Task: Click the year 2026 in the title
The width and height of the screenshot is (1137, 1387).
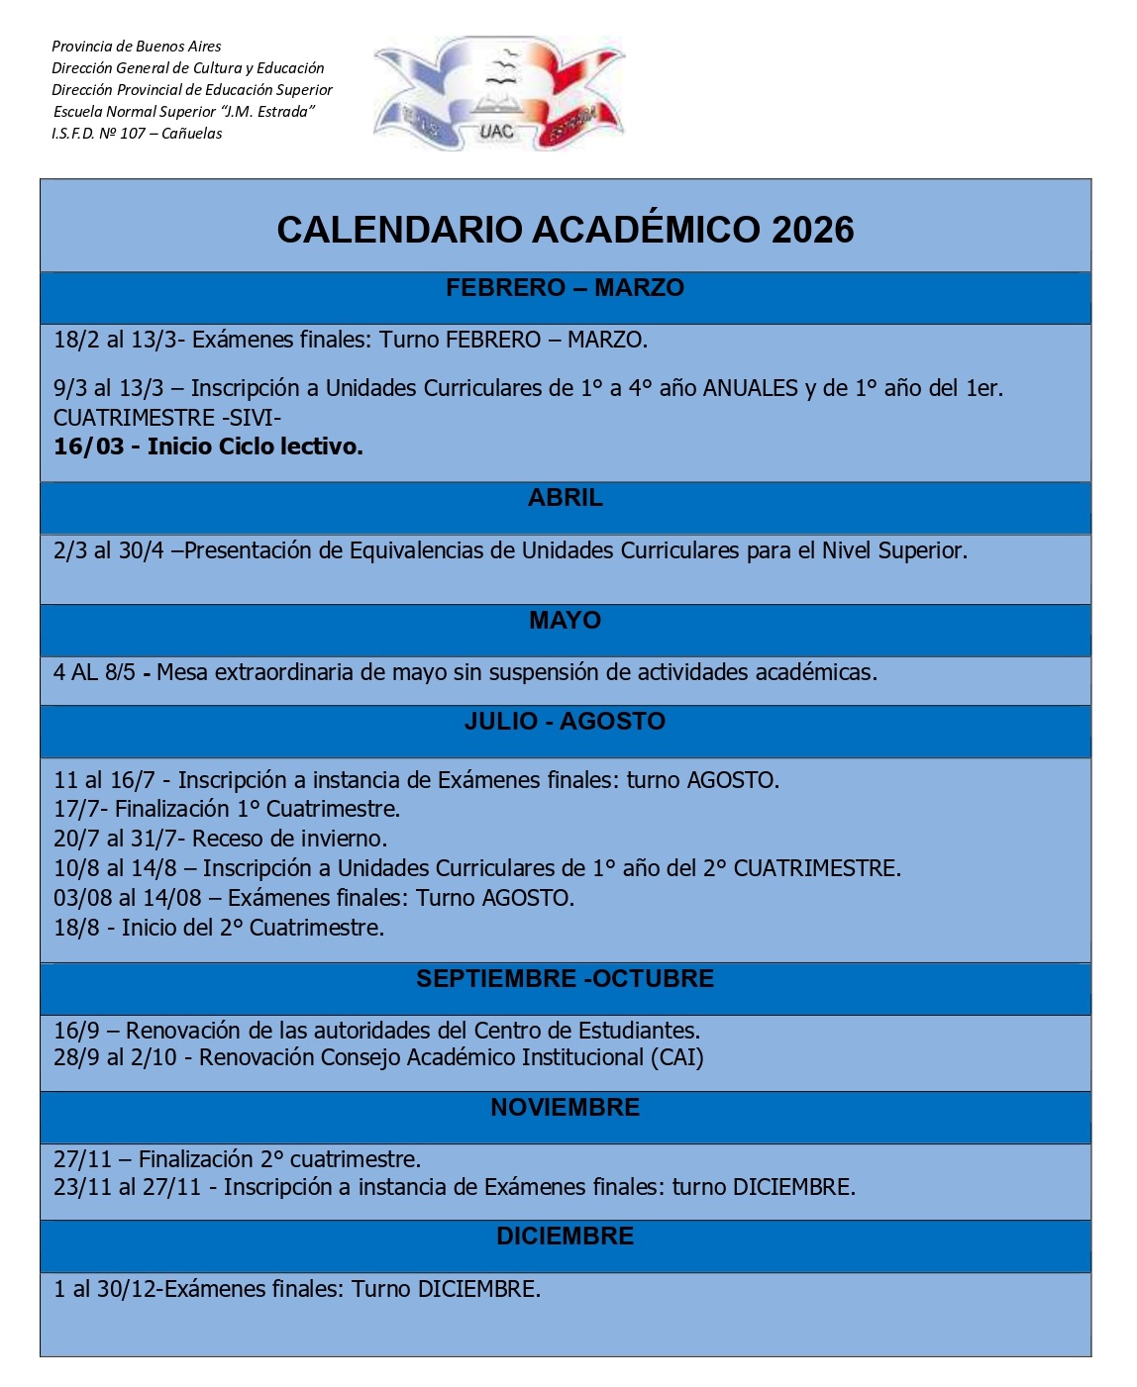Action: tap(812, 230)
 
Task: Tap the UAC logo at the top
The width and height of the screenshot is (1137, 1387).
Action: tap(498, 95)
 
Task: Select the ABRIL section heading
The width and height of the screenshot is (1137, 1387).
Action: tap(565, 498)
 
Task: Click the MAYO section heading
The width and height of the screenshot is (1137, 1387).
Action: tap(565, 621)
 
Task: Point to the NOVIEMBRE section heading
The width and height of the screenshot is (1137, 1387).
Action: tap(565, 1108)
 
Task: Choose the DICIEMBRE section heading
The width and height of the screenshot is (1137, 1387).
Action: tap(565, 1237)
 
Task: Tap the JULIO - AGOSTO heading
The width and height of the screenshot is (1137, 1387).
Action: tap(565, 722)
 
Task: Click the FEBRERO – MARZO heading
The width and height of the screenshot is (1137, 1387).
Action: tap(565, 288)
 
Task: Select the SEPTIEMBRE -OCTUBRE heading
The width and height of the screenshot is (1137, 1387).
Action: tap(565, 979)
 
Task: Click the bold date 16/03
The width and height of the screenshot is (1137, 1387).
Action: tap(88, 447)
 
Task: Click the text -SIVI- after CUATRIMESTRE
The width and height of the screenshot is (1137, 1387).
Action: tap(252, 418)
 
